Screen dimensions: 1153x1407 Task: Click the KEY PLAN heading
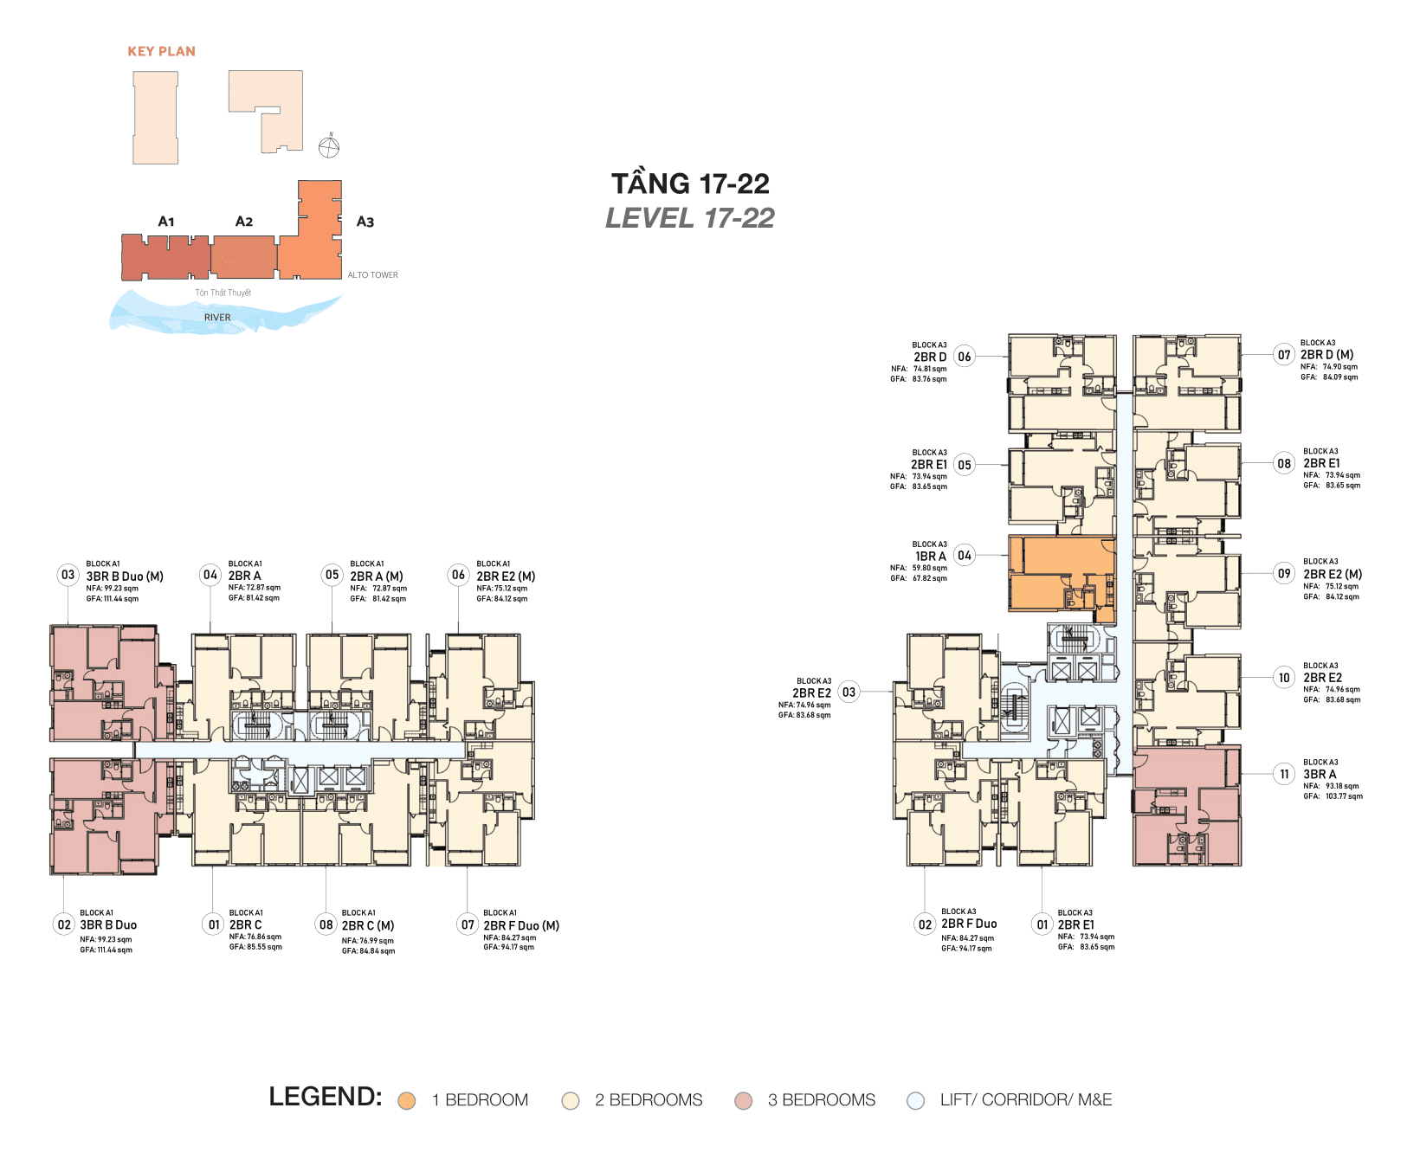click(161, 51)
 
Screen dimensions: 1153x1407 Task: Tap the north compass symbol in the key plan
click(329, 147)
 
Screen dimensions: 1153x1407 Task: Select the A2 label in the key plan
click(244, 222)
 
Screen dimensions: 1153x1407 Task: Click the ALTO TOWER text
click(372, 275)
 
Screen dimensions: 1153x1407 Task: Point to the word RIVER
click(217, 318)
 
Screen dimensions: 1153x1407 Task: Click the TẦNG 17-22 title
click(690, 184)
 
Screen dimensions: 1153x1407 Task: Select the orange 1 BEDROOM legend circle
click(406, 1101)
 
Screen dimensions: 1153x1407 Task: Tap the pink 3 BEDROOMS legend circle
click(743, 1101)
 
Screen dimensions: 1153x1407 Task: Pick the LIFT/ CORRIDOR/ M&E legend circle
click(915, 1101)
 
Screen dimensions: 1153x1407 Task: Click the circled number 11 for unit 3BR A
click(1284, 775)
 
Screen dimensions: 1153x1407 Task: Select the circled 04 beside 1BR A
click(965, 556)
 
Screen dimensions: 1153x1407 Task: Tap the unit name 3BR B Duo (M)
click(125, 576)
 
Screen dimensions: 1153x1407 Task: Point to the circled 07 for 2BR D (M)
click(1284, 355)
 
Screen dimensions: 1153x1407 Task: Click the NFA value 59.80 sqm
click(929, 568)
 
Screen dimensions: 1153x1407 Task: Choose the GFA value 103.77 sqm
click(1343, 796)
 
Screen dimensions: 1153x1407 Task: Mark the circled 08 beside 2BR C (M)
click(326, 924)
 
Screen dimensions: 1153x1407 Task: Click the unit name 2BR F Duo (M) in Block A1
click(521, 925)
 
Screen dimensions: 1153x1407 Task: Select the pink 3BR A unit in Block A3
click(1186, 809)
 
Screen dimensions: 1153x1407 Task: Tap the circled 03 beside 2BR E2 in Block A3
click(849, 692)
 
